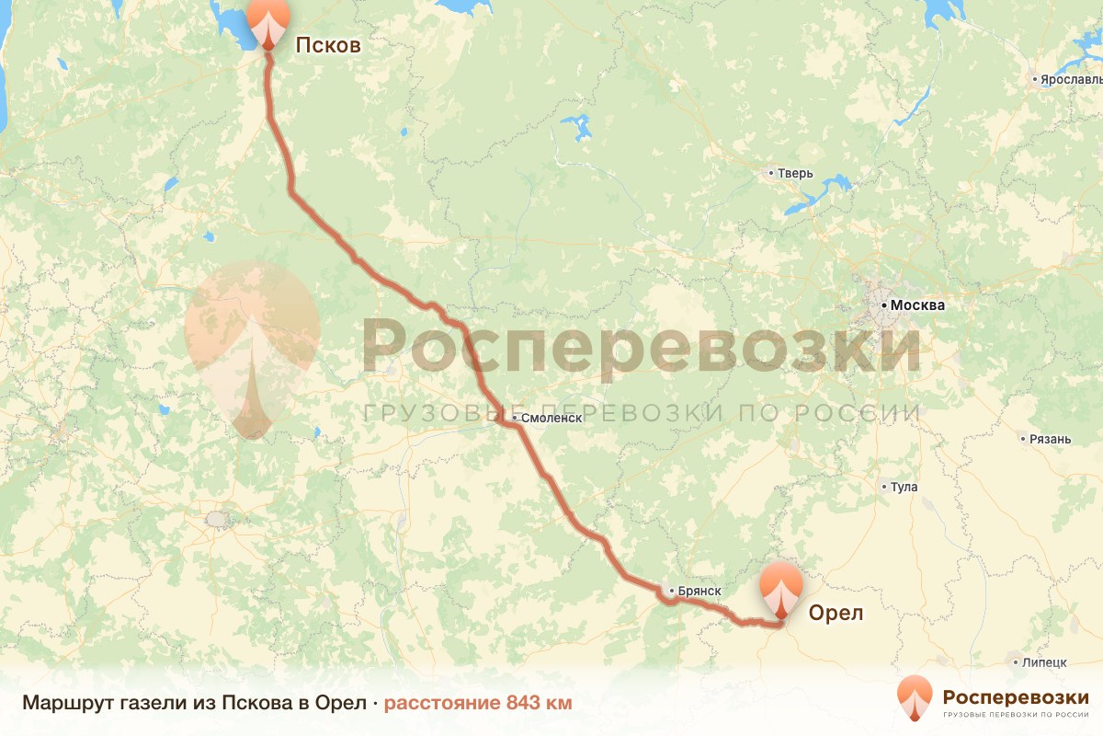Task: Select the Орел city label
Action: (836, 613)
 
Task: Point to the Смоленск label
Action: (551, 418)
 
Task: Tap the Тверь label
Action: (796, 173)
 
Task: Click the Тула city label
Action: (904, 487)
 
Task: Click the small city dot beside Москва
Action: (883, 305)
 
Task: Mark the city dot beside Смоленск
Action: (515, 418)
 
